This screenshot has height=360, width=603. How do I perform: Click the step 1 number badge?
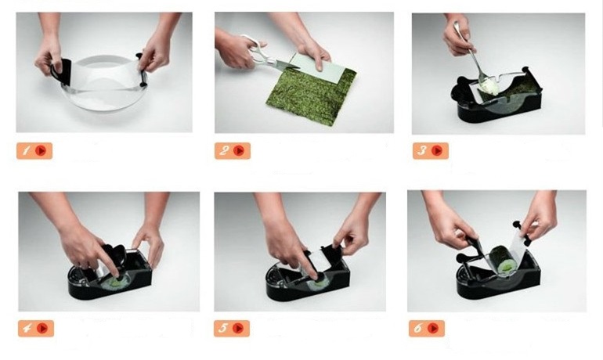pyautogui.click(x=34, y=150)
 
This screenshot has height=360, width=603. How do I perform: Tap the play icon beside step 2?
pyautogui.click(x=239, y=150)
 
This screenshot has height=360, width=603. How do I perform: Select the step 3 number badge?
pyautogui.click(x=431, y=150)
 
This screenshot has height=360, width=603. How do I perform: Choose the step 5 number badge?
pyautogui.click(x=232, y=329)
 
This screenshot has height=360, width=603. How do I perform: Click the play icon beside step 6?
pyautogui.click(x=433, y=329)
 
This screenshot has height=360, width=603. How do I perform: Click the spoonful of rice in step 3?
pyautogui.click(x=489, y=87)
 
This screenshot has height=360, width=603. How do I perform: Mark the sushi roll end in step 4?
pyautogui.click(x=115, y=283)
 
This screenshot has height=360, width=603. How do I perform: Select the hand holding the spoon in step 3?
pyautogui.click(x=457, y=37)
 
